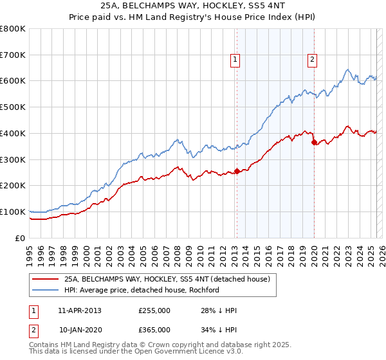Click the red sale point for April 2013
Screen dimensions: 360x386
pyautogui.click(x=237, y=171)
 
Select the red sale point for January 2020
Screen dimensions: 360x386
pyautogui.click(x=314, y=143)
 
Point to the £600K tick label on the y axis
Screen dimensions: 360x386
pyautogui.click(x=13, y=81)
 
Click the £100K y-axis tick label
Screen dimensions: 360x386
pyautogui.click(x=13, y=212)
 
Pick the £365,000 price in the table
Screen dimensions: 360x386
pyautogui.click(x=154, y=330)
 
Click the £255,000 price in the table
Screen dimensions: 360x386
pyautogui.click(x=154, y=310)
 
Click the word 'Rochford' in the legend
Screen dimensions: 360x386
pyautogui.click(x=204, y=290)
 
